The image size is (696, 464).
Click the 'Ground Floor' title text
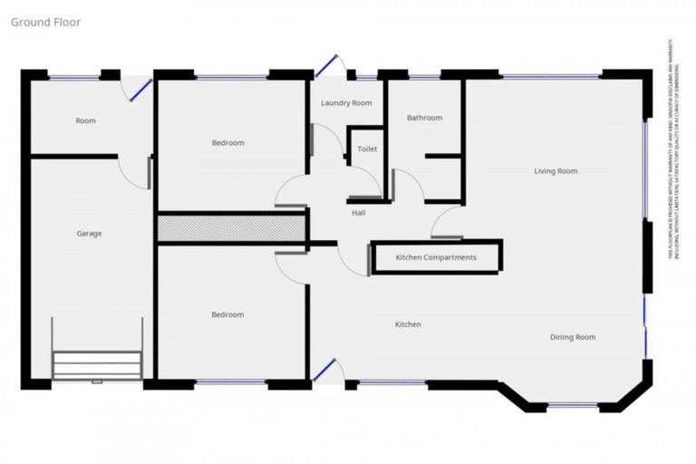tap(45, 22)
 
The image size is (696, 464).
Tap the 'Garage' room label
tap(89, 234)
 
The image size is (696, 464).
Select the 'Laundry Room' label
tap(346, 103)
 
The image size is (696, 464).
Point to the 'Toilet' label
tap(367, 149)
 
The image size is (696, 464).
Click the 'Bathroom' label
tap(424, 118)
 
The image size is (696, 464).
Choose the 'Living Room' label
tap(556, 170)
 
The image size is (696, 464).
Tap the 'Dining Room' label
tap(573, 337)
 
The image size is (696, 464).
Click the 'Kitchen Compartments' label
tap(436, 258)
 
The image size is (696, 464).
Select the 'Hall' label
tap(359, 213)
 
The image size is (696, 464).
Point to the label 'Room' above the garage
tap(85, 121)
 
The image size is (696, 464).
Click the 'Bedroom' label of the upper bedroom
tap(227, 142)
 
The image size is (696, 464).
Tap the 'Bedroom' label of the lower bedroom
tap(227, 314)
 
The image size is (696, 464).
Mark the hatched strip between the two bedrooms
tap(232, 227)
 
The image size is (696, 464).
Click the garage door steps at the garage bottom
tap(97, 365)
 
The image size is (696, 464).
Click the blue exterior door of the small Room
tap(140, 89)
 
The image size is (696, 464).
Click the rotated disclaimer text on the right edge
tap(672, 150)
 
